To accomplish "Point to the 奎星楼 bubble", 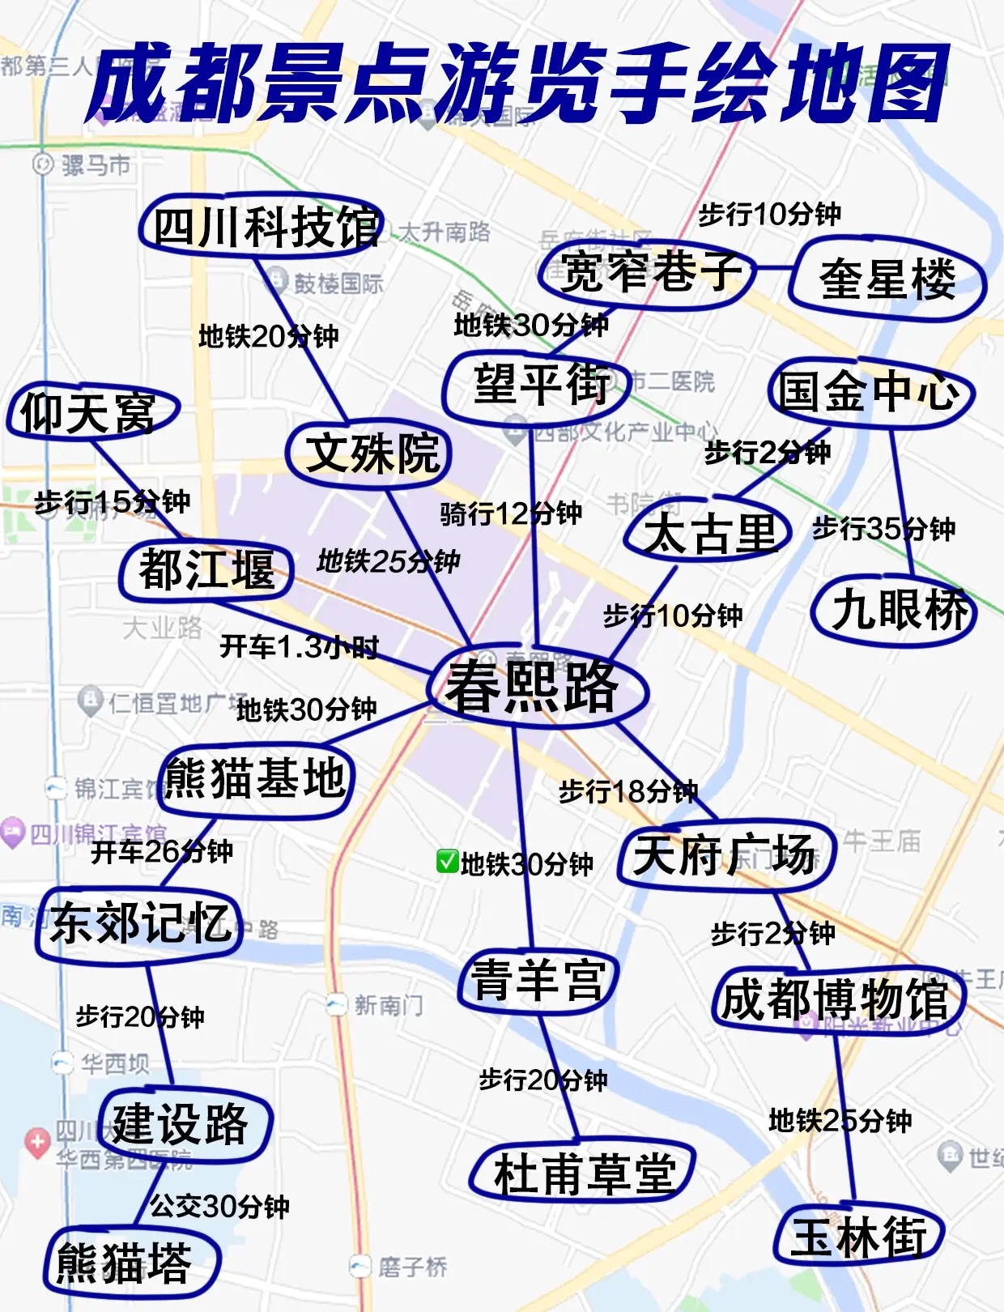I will pos(887,279).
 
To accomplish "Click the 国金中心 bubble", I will pos(870,393).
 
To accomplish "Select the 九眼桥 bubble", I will pos(897,609).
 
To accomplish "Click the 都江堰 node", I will pos(206,569).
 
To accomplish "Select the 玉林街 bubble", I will pos(858,1237).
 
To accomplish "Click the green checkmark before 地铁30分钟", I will pos(447,862).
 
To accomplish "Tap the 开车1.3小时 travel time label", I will pos(300,647).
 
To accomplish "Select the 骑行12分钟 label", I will pos(511,513).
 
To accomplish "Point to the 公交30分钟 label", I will pos(219,1207).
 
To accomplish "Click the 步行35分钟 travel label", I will pos(883,529).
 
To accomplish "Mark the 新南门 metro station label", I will pos(387,1006).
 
